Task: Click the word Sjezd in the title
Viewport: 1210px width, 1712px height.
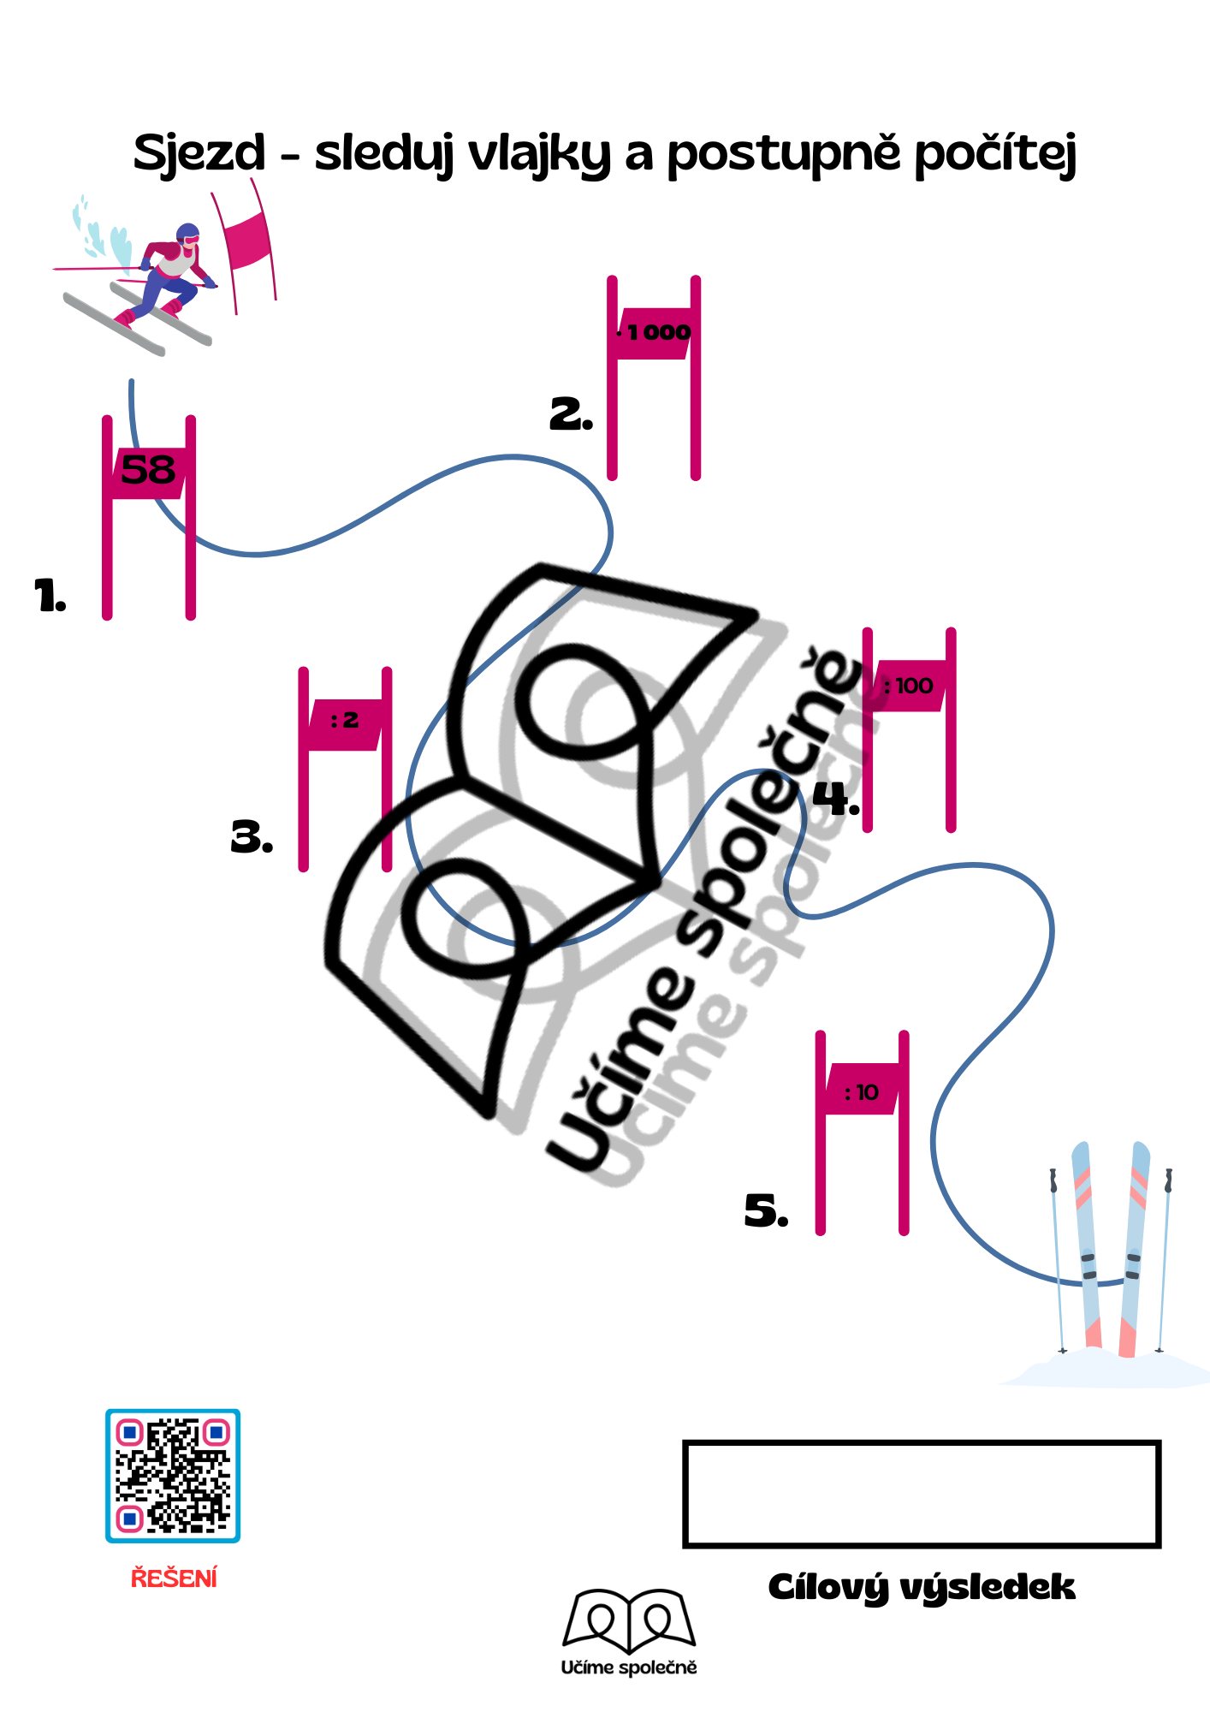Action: pyautogui.click(x=199, y=154)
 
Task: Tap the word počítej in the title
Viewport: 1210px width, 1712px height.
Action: pyautogui.click(x=995, y=154)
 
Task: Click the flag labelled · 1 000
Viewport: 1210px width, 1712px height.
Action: pyautogui.click(x=654, y=333)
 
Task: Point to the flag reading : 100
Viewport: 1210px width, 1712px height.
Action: pyautogui.click(x=910, y=686)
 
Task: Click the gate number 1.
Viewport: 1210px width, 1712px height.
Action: pyautogui.click(x=50, y=595)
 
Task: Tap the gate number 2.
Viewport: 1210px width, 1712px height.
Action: pyautogui.click(x=571, y=413)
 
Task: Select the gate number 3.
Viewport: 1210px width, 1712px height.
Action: pyautogui.click(x=252, y=836)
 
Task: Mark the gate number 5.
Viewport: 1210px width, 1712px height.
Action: pyautogui.click(x=766, y=1210)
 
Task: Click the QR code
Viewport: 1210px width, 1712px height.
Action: pyautogui.click(x=173, y=1476)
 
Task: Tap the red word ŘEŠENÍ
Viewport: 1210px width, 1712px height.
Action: pyautogui.click(x=174, y=1577)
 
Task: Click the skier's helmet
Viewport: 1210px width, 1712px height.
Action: pyautogui.click(x=187, y=234)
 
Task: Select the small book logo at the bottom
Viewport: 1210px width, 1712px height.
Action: pyautogui.click(x=629, y=1620)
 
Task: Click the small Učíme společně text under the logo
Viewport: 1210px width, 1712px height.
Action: pyautogui.click(x=629, y=1667)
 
